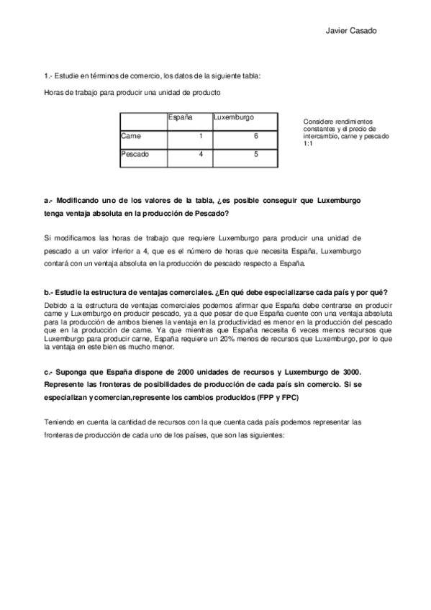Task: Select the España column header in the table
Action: (x=179, y=117)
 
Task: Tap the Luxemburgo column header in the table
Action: (x=234, y=117)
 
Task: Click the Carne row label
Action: (x=132, y=135)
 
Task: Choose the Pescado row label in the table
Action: (x=136, y=154)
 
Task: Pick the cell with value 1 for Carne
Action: (x=201, y=136)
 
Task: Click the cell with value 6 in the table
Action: (x=256, y=136)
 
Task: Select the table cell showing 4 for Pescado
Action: (x=201, y=154)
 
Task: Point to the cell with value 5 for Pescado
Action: (x=256, y=154)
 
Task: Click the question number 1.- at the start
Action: (x=49, y=75)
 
